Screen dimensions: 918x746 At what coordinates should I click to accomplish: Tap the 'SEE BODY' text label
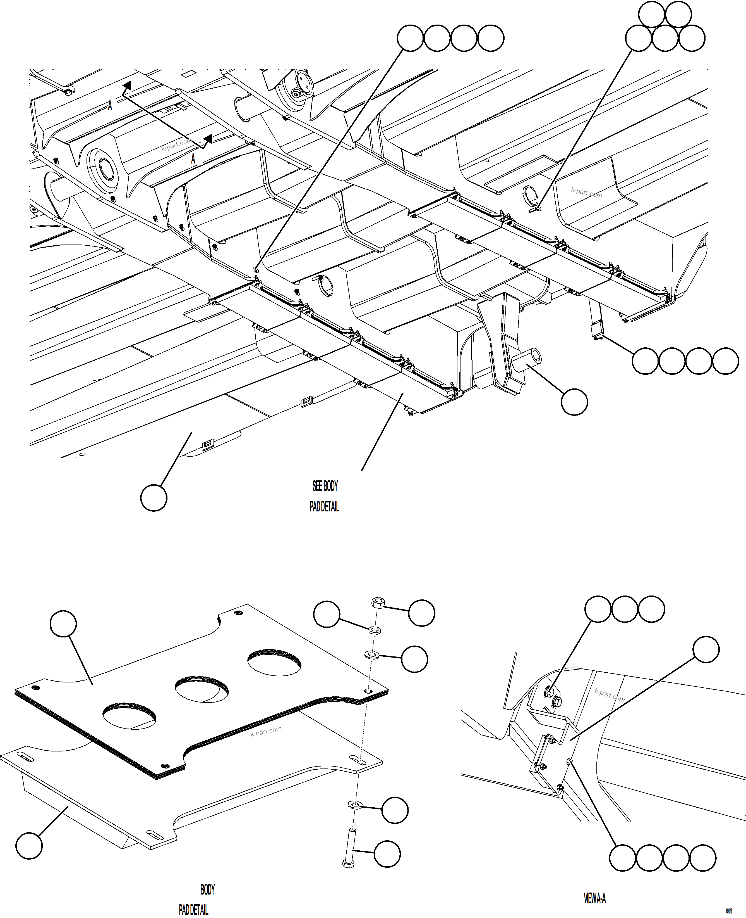(x=325, y=486)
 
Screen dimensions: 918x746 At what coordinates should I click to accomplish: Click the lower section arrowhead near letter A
(x=208, y=139)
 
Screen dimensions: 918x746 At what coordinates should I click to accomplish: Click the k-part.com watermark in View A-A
(x=609, y=694)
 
